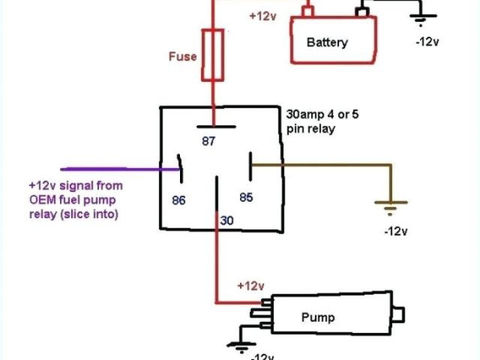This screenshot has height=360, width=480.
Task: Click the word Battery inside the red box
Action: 327,42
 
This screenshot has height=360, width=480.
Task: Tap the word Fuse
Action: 182,56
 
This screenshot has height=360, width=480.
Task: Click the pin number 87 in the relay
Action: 209,140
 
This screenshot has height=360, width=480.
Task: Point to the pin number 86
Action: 178,201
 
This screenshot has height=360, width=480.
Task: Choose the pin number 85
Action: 244,197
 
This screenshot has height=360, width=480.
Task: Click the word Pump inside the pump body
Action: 318,317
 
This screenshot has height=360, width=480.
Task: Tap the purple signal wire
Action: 112,169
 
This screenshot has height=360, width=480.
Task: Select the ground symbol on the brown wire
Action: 391,205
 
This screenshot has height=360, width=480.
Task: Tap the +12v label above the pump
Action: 250,286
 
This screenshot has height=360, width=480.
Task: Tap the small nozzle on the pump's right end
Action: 401,314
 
